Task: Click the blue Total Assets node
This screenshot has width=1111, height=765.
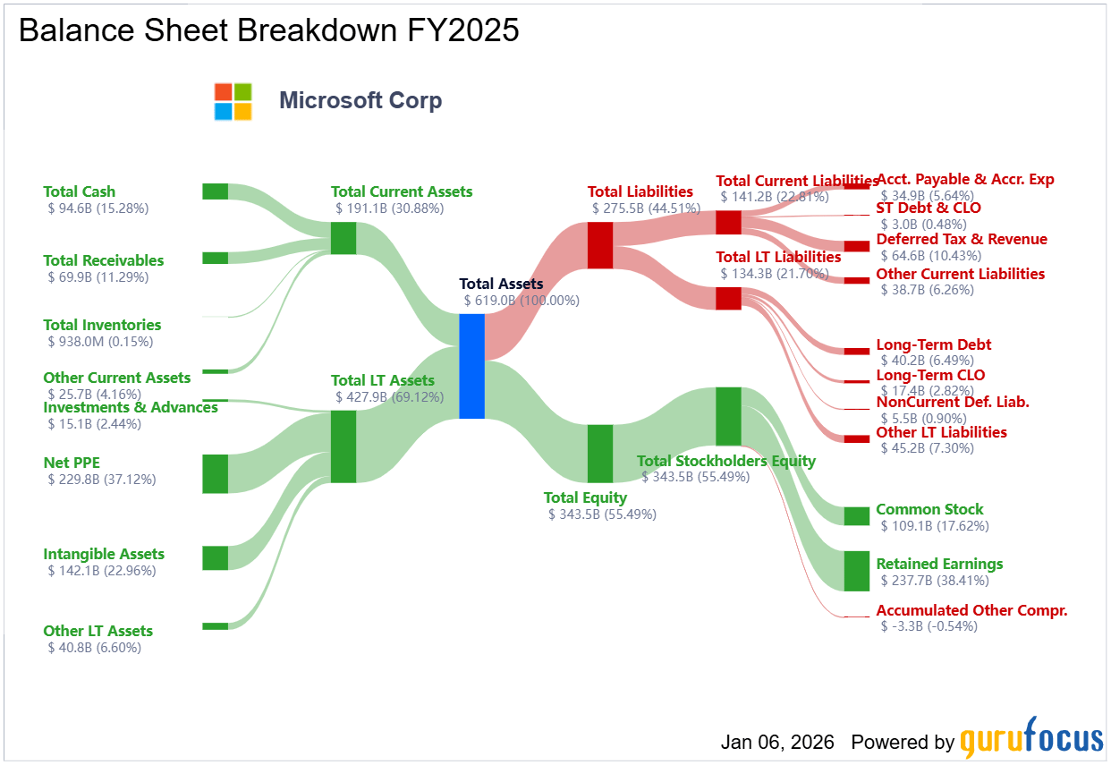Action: pos(471,366)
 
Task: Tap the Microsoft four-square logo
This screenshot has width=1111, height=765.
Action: pos(233,101)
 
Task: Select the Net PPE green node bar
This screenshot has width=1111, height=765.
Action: pos(216,474)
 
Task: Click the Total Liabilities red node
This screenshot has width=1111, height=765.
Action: pos(600,245)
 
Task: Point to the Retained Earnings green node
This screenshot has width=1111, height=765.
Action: pos(857,571)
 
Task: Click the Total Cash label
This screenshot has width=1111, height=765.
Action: pos(80,191)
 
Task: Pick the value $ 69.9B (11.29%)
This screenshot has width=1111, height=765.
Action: pos(98,276)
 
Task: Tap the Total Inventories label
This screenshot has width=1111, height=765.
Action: pos(102,325)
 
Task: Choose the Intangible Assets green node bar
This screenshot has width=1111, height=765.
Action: pos(216,558)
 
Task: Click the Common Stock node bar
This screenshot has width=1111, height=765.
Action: pos(857,516)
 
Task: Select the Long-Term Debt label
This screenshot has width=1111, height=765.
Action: pos(934,344)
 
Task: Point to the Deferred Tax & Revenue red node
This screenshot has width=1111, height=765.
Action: pos(857,246)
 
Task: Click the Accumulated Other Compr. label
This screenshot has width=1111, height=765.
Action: pos(971,610)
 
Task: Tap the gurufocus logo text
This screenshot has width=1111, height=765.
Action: pos(1031,738)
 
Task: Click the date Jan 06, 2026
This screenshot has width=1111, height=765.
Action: pos(777,742)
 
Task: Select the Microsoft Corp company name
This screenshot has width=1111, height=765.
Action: pos(360,101)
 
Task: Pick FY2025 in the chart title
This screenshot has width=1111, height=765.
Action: pos(462,30)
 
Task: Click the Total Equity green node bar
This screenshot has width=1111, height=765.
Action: pos(600,454)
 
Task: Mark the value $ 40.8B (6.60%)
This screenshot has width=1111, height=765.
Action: pos(94,648)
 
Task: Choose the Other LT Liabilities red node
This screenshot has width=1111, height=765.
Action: pos(857,439)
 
